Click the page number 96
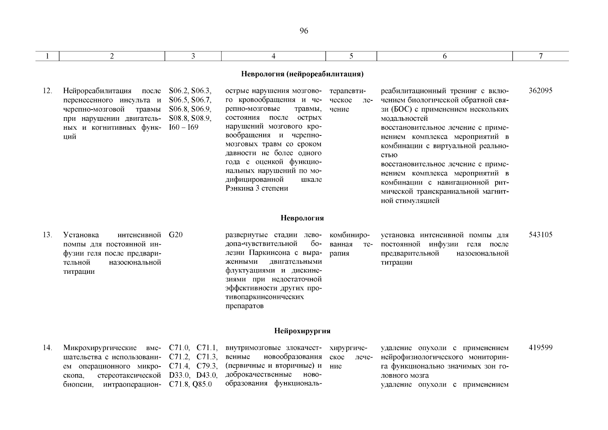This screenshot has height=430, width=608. point(303,31)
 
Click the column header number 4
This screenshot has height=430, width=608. point(273,56)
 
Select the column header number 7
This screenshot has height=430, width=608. point(541,56)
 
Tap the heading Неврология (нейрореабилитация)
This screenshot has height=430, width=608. point(302,75)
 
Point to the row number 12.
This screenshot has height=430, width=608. point(47,91)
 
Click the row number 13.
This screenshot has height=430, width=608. point(47,235)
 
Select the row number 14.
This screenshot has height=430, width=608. point(47,348)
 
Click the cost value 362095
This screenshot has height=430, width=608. point(541,91)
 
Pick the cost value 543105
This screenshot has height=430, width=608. point(541,235)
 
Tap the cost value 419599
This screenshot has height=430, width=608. point(541,348)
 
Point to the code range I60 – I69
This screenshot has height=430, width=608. point(183,128)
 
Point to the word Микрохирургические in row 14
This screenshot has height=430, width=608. point(100,348)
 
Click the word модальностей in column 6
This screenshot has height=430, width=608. point(404,119)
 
